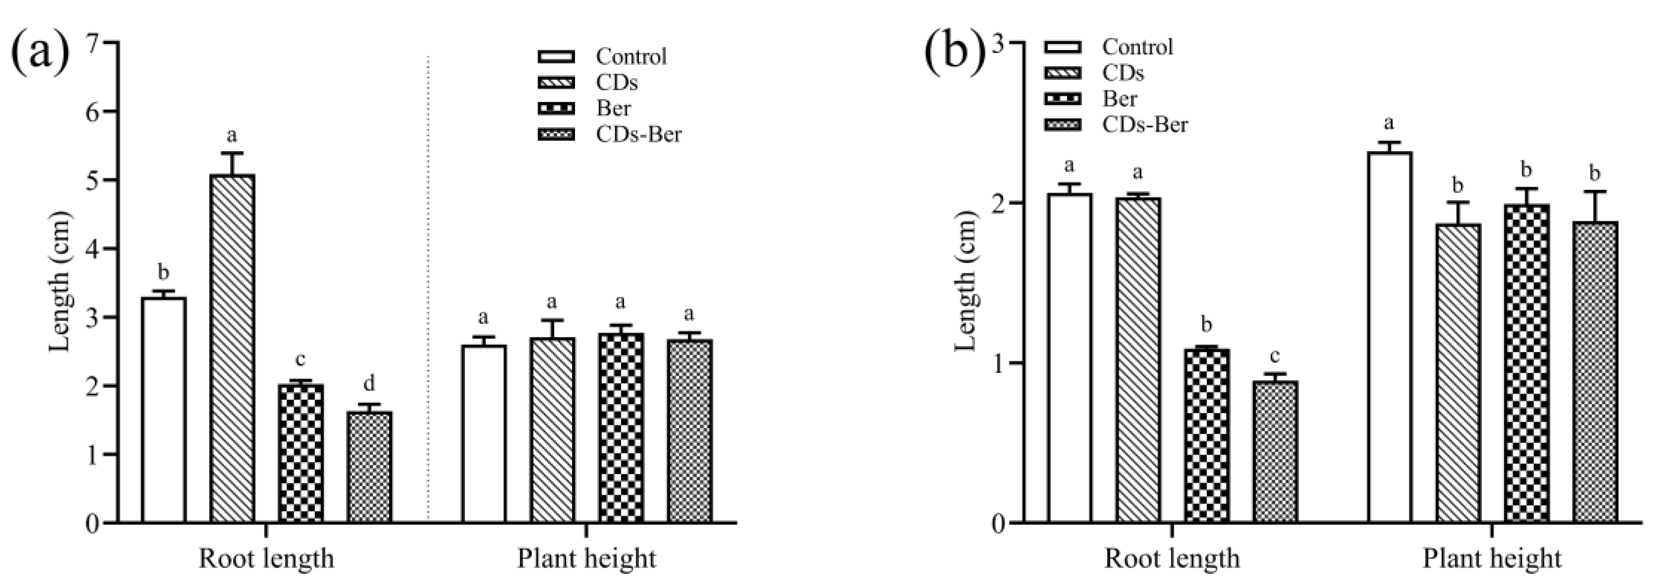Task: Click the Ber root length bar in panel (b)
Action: (1206, 435)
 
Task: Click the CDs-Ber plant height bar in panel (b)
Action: (1595, 372)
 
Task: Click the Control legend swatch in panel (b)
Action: (1063, 47)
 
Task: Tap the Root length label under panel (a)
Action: (266, 558)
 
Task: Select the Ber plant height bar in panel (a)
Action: (621, 427)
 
